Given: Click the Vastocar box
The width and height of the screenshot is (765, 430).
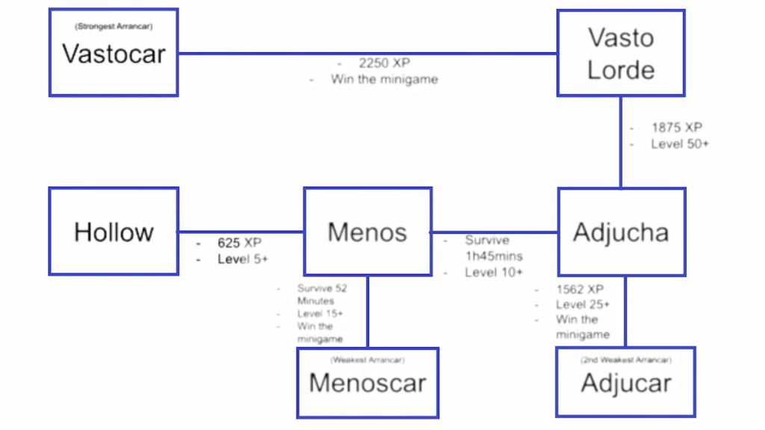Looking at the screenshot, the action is pos(114,52).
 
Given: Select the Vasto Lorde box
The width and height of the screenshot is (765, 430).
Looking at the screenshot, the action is pos(621,53).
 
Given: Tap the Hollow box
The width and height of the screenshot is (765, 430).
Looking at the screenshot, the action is pos(114,231).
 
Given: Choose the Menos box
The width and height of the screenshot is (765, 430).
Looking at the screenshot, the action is pos(368,231).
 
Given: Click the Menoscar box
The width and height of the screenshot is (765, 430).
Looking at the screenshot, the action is pos(368,383).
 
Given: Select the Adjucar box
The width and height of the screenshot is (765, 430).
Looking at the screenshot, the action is pos(626,381).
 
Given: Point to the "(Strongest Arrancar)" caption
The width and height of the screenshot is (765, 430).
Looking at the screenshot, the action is pos(114,26).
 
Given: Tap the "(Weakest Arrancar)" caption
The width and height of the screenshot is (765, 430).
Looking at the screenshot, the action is pos(368,360).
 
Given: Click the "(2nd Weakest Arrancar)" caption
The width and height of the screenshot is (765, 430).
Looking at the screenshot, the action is pos(626,360).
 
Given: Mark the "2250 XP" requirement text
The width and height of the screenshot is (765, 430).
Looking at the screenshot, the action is pos(385,63).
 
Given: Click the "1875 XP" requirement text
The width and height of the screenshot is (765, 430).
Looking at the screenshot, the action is pos(677,127).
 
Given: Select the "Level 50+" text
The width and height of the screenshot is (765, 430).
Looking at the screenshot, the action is pos(680,144).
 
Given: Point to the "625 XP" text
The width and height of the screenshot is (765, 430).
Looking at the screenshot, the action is pos(240,243).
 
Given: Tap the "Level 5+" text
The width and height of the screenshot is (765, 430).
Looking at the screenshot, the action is pos(243,259).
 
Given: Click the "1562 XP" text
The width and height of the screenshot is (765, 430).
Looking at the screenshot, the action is pos(580,289).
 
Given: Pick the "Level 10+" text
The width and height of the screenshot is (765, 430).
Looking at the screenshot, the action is pos(494,272).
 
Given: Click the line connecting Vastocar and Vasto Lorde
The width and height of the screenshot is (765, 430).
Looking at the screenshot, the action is pos(368,53).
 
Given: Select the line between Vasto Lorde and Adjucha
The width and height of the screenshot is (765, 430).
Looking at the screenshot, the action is pos(621,142).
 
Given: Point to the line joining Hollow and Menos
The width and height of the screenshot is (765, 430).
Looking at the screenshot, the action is pos(241,231).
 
